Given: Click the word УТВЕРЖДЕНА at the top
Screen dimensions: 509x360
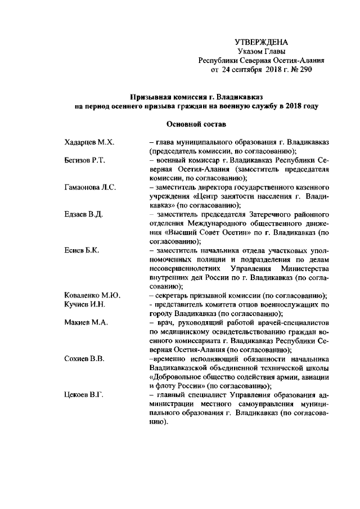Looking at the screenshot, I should [x=261, y=43].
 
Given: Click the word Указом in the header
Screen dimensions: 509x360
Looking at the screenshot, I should [x=253, y=52].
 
